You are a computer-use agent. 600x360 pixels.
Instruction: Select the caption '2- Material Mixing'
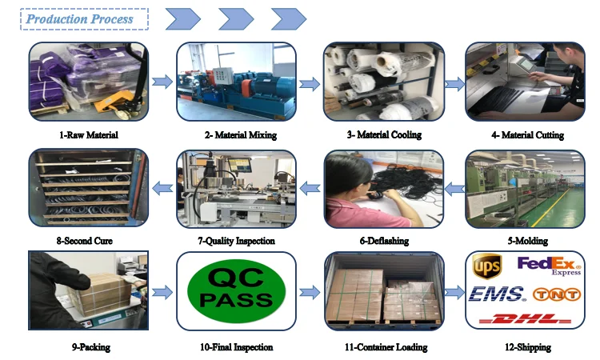[238, 135]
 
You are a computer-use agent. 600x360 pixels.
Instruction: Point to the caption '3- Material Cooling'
[384, 135]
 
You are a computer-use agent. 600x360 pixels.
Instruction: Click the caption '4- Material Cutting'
[527, 135]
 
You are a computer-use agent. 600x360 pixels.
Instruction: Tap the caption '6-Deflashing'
[385, 241]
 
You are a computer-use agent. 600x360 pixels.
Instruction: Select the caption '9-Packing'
[90, 347]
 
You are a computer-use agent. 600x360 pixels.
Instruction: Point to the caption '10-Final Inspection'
[238, 347]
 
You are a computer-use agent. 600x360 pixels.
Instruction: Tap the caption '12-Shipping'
[526, 347]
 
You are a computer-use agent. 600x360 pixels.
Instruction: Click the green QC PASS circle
[235, 290]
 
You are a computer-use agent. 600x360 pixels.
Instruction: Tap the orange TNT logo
[556, 294]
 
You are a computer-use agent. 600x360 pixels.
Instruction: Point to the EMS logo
[496, 294]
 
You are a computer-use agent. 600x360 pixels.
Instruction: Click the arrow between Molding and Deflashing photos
[454, 189]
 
